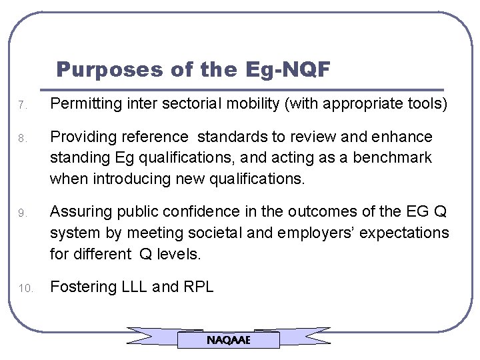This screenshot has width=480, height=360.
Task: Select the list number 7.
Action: click(x=22, y=105)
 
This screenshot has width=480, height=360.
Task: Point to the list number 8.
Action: click(x=22, y=139)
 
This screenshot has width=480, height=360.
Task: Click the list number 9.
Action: click(x=22, y=214)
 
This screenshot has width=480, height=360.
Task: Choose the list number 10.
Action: click(x=24, y=289)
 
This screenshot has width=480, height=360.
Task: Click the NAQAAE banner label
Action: click(x=228, y=340)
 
